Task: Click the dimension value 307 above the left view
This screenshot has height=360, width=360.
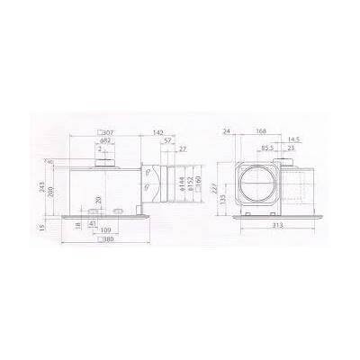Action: (x=109, y=132)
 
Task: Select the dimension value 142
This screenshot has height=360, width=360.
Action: (x=157, y=131)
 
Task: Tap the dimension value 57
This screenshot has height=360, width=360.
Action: (x=169, y=140)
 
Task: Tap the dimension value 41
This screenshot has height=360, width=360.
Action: (x=93, y=222)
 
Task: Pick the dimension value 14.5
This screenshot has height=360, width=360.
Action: (x=293, y=139)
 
